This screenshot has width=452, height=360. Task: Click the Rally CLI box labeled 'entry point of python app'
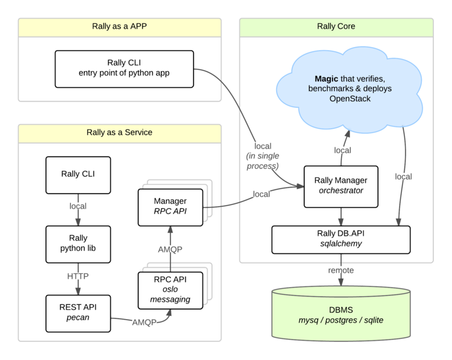click(x=124, y=68)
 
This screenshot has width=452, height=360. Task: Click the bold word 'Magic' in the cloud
click(x=329, y=79)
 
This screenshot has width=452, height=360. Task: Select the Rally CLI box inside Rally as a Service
click(x=78, y=175)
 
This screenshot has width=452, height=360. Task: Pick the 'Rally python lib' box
click(x=78, y=244)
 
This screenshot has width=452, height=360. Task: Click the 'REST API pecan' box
click(x=78, y=312)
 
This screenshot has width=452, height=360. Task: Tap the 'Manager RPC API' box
click(x=170, y=206)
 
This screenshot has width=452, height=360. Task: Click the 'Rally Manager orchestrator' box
click(x=341, y=185)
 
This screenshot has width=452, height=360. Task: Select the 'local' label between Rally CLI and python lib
click(x=78, y=207)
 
